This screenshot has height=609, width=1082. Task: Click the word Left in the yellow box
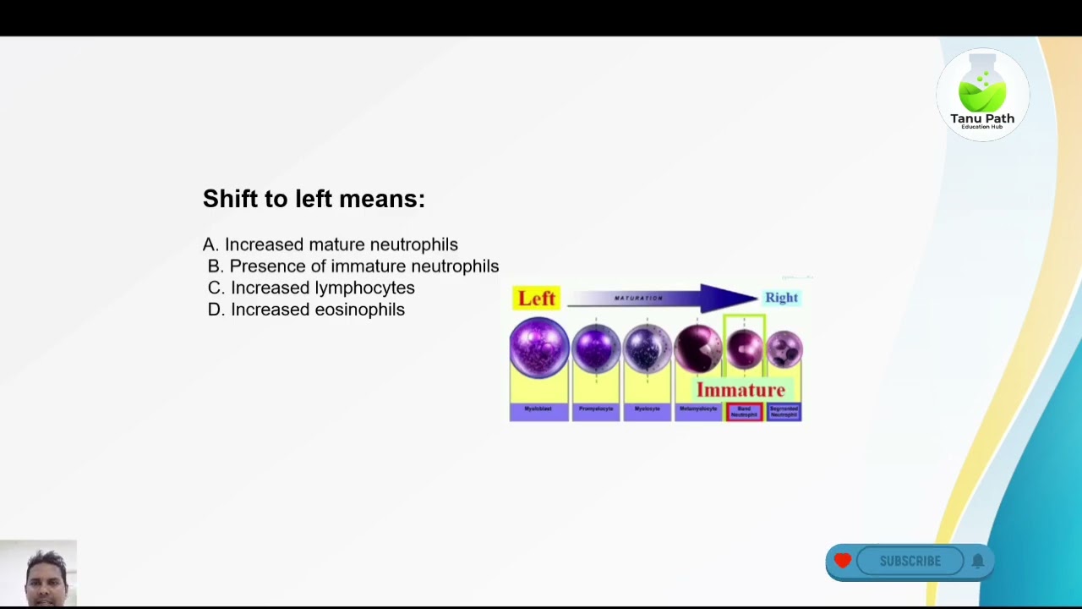[537, 299]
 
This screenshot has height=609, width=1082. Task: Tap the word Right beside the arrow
[781, 298]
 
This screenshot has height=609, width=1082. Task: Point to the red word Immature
[740, 390]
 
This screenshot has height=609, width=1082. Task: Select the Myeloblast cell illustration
[538, 347]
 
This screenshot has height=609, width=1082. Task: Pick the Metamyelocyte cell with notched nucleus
[697, 348]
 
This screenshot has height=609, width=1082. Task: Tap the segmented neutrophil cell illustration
[784, 348]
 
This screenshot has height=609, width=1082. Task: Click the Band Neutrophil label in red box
[744, 412]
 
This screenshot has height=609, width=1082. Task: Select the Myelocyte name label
[647, 409]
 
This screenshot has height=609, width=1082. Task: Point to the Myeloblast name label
[538, 409]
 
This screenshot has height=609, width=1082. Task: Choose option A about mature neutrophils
[331, 244]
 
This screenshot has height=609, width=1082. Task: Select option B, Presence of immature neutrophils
[353, 266]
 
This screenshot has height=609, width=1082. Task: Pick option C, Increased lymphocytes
[311, 288]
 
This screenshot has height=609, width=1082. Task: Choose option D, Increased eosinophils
[306, 310]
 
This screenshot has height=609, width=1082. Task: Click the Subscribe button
[910, 561]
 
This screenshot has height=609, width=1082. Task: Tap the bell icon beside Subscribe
[978, 561]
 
